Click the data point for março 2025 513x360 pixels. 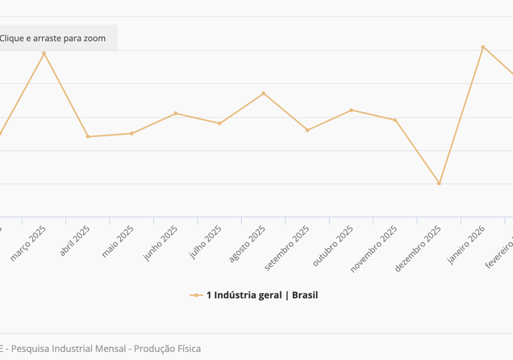click(44, 53)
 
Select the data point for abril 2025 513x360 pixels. click(88, 136)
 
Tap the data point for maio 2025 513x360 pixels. click(131, 133)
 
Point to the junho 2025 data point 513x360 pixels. click(176, 113)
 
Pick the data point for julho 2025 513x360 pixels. click(219, 123)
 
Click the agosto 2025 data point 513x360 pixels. click(264, 94)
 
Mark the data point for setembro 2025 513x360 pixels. click(307, 130)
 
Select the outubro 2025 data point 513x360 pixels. click(352, 110)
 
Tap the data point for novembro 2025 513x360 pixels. click(395, 120)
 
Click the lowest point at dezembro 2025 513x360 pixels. click(440, 183)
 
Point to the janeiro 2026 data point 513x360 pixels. click(483, 47)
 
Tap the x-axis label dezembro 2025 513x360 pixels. click(419, 248)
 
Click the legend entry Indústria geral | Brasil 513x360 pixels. click(262, 295)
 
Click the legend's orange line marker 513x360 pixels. click(196, 295)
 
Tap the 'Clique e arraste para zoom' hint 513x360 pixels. click(53, 38)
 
